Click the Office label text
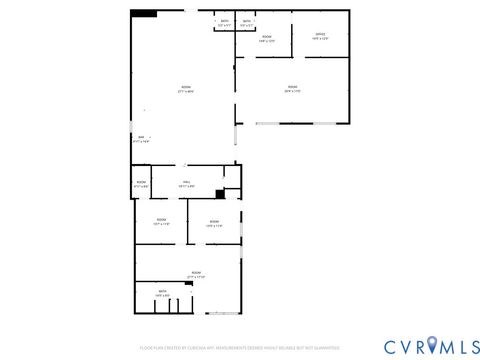320,35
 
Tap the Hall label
186,183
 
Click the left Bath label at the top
223,21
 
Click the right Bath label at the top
246,21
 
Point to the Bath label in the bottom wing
161,292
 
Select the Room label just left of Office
267,39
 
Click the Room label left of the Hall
141,183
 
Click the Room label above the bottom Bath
195,273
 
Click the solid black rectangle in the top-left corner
144,14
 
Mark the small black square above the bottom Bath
188,284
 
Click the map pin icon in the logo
432,345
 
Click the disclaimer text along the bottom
240,346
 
